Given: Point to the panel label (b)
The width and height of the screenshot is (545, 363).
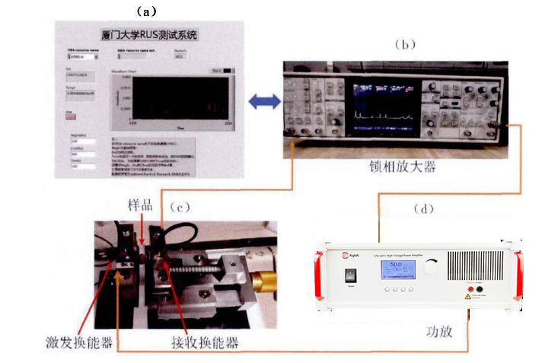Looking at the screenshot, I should click(405, 45).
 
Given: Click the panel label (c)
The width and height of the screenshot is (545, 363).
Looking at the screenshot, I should click(182, 207).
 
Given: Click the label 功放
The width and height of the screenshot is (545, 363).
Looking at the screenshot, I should click(441, 333).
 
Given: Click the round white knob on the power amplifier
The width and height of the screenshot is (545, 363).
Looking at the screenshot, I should click(433, 266).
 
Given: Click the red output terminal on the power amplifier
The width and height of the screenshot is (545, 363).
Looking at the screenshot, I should click(470, 290).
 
